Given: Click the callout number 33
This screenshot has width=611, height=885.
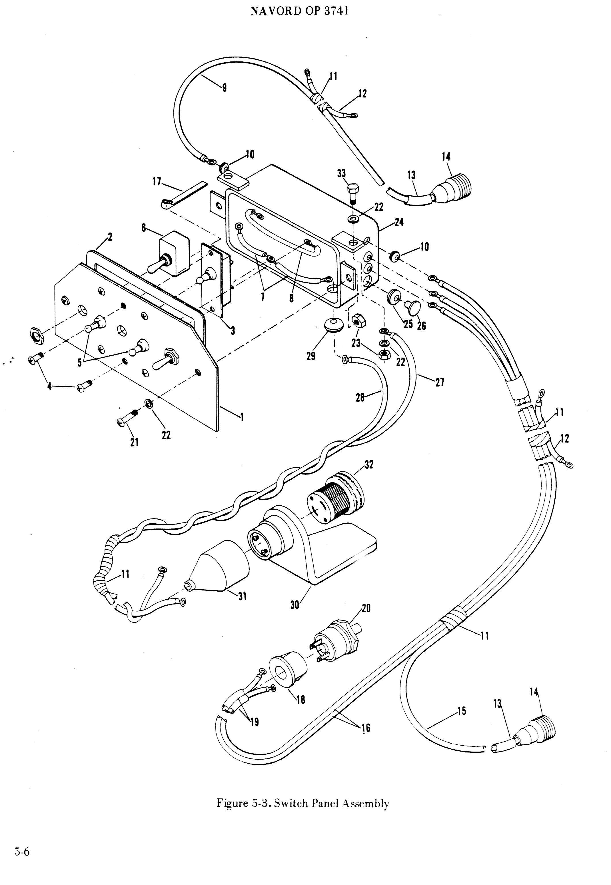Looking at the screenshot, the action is [x=341, y=173].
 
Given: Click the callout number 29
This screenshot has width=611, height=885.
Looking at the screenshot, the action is [x=311, y=356].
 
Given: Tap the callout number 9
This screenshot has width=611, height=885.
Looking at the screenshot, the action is [x=224, y=88].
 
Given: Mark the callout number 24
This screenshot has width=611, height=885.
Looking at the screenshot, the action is [x=399, y=222].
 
